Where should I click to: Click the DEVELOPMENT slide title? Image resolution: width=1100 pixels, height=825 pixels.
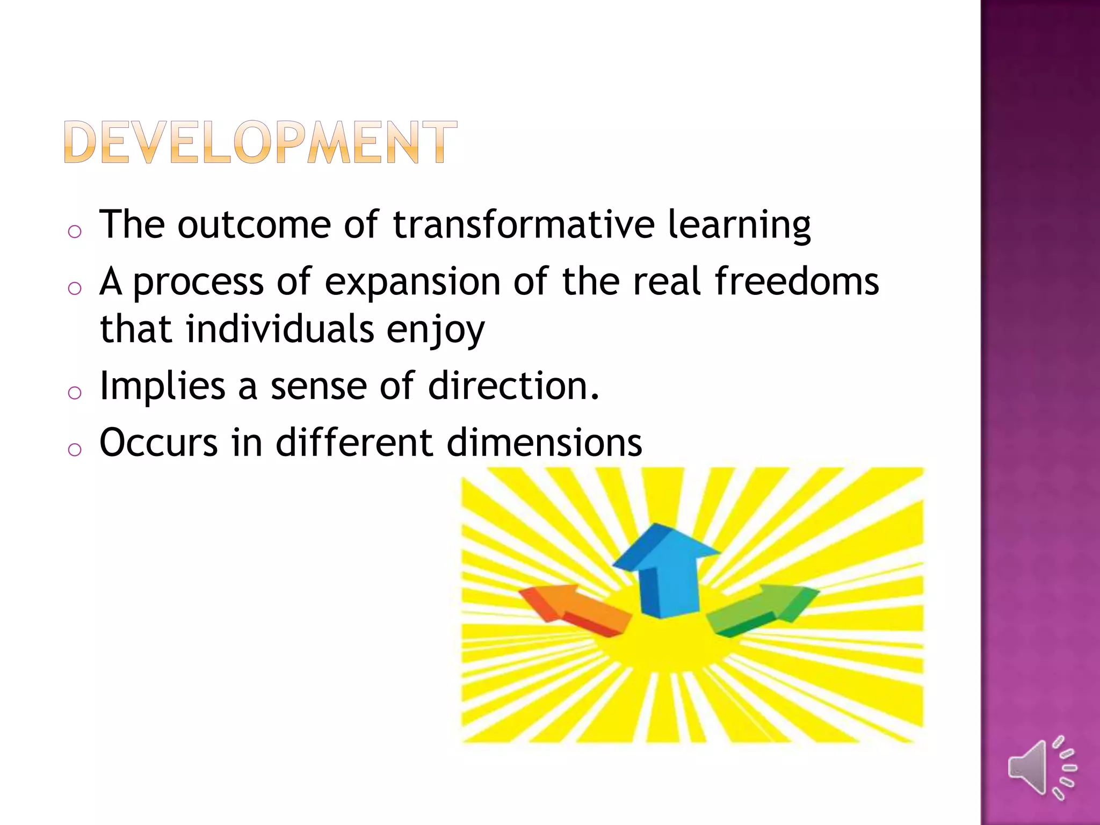(x=260, y=142)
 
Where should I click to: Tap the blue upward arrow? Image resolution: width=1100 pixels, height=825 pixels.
(x=666, y=569)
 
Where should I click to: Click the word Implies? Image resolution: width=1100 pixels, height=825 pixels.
(x=162, y=387)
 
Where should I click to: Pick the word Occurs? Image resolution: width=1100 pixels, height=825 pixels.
(x=159, y=443)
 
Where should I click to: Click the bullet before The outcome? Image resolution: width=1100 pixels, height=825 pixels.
(x=75, y=231)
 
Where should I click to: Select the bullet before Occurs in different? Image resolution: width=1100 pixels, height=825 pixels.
(x=75, y=450)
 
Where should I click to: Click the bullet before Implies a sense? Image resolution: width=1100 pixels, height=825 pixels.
(x=75, y=393)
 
